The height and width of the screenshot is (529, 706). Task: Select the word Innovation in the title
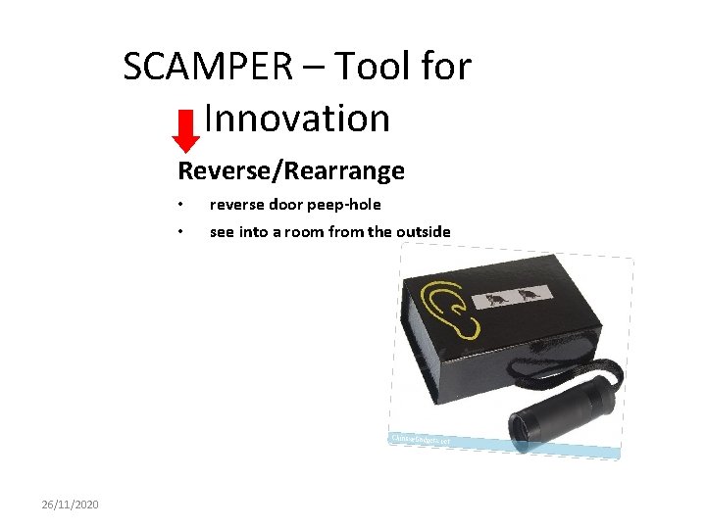[299, 120]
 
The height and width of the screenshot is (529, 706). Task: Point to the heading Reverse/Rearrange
[290, 171]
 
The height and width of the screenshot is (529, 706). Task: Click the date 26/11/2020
[70, 504]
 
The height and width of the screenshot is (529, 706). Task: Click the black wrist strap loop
[588, 368]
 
